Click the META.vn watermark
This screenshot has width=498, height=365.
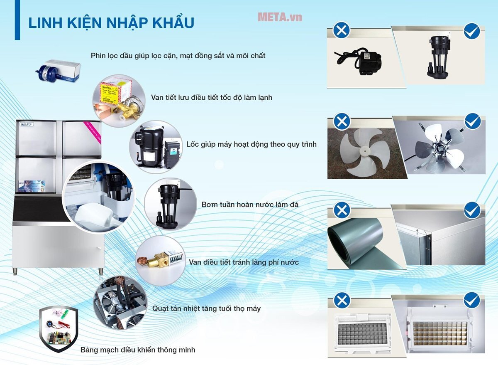pos(280,17)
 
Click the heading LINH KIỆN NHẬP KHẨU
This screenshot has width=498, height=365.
pos(111,23)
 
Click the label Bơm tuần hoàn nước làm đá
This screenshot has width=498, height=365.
pos(250,205)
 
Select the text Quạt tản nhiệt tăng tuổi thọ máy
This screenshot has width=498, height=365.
pos(206,308)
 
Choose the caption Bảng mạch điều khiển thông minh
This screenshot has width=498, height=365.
pos(138,350)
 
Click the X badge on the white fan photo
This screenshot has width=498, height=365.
pos(342,122)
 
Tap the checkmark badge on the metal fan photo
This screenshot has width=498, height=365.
pos(472,121)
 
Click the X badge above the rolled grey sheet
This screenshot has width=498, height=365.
pos(342,210)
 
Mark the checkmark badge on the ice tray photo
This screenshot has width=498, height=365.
pos(472,300)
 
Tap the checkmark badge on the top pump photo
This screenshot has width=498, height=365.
pos(472,31)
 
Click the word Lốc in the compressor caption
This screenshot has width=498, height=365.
pos(193,144)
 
